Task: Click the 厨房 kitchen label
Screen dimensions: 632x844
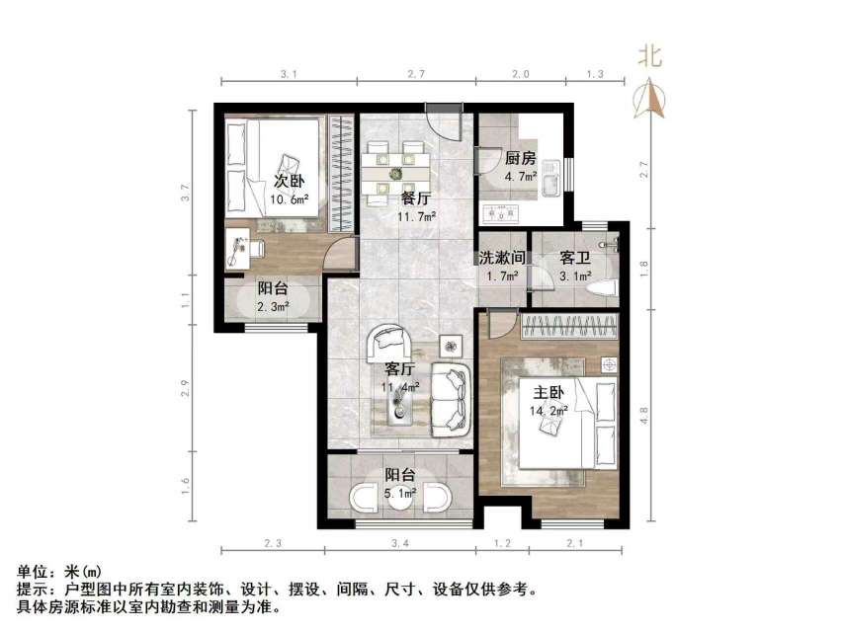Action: (x=520, y=159)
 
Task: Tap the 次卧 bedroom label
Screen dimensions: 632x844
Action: (x=289, y=182)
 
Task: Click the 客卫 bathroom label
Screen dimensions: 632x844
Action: (x=574, y=258)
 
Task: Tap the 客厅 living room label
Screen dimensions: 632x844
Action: (x=399, y=368)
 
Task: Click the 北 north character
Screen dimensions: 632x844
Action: (x=649, y=56)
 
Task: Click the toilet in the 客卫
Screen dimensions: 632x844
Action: (x=603, y=286)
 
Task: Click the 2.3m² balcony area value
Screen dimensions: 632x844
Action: (x=273, y=307)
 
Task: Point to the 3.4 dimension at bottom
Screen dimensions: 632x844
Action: (x=401, y=544)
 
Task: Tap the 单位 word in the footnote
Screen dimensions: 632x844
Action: (x=31, y=572)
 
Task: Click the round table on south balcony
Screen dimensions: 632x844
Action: (x=399, y=500)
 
